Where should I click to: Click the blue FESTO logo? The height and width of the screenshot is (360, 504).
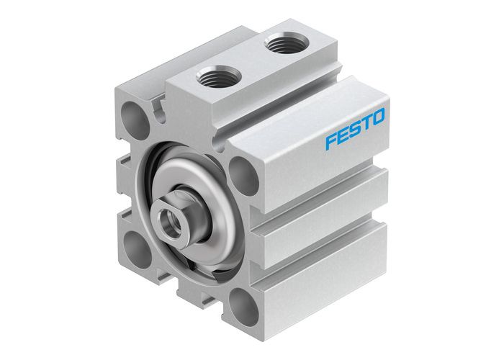point(355,127)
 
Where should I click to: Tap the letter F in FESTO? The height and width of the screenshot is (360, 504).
point(330,139)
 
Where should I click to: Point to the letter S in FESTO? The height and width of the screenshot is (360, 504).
point(354,128)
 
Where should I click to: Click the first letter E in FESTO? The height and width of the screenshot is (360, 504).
point(343,134)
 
